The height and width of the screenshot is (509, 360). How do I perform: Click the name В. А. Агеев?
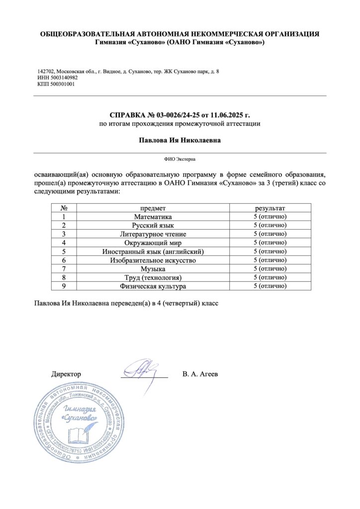[x=200, y=373]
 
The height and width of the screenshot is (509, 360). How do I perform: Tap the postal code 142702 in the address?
[x=46, y=72]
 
